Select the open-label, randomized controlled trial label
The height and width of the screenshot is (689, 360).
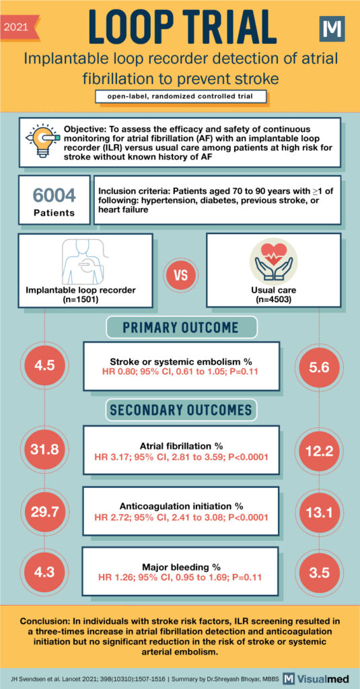click(180, 96)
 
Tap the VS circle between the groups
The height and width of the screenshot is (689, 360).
click(180, 277)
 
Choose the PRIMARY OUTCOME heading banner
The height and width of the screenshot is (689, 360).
click(180, 328)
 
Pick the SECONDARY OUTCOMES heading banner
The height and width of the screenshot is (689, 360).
click(180, 410)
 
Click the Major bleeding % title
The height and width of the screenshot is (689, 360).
click(180, 566)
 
